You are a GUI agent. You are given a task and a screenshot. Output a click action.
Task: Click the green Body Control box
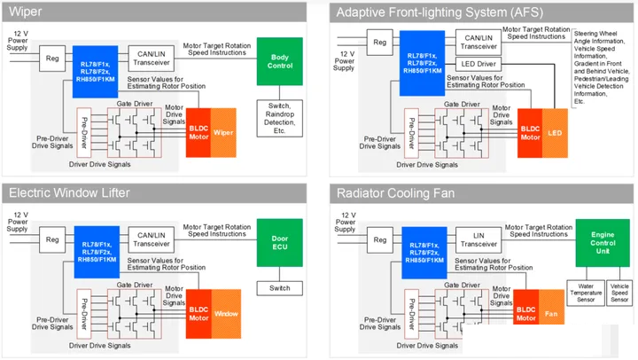(279, 61)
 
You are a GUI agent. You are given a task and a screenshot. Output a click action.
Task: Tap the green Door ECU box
(279, 239)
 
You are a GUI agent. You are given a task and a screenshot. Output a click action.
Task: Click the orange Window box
(226, 313)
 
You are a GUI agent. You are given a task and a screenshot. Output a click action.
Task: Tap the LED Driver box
(478, 65)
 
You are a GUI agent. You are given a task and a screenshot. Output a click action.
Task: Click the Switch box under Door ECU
(279, 288)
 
